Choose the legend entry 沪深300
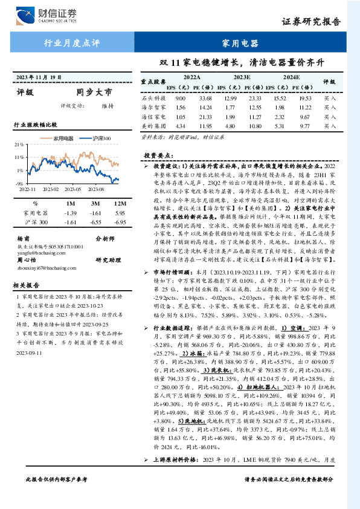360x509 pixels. click(101, 138)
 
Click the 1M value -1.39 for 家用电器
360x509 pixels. click(70, 213)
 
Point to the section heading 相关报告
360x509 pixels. click(27, 284)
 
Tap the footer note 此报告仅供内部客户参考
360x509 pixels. click(56, 496)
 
